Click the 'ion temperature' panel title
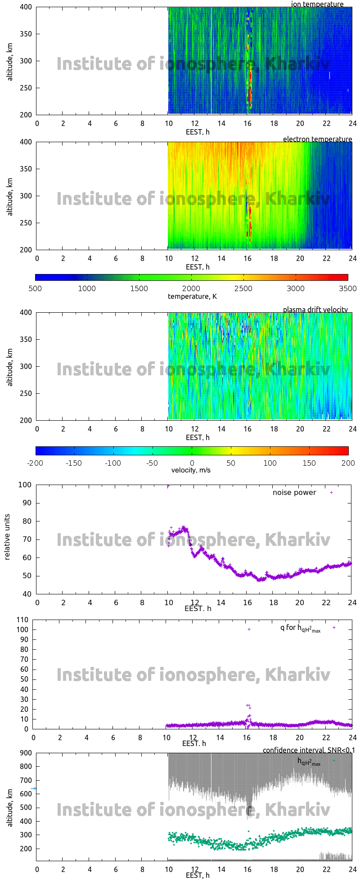(x=317, y=4)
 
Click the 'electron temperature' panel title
(x=317, y=139)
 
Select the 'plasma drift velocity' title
(x=315, y=310)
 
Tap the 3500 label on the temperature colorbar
(x=347, y=288)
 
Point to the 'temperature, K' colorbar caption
(x=192, y=296)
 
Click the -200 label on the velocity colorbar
(x=35, y=463)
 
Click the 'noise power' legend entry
(x=294, y=493)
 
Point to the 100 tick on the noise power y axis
(x=24, y=485)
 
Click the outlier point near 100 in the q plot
(x=249, y=629)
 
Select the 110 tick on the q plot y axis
(x=22, y=620)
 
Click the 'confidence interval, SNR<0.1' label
(x=309, y=750)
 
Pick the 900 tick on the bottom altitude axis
(x=26, y=753)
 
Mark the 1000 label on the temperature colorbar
(x=87, y=288)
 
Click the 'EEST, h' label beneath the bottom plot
(x=198, y=875)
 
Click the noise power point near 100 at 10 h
(x=168, y=486)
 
